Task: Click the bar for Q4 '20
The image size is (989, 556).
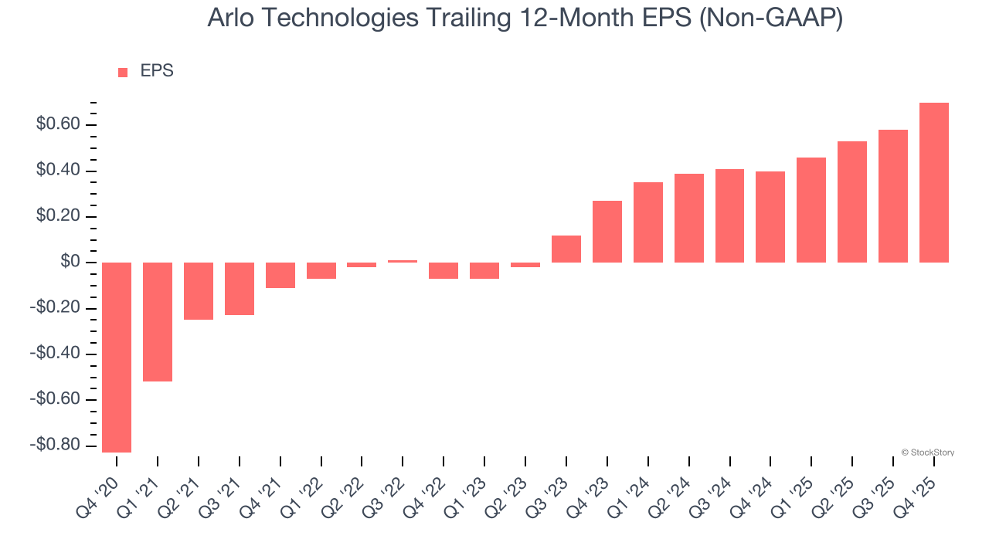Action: [x=117, y=357]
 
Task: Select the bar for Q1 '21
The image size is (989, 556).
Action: [x=158, y=321]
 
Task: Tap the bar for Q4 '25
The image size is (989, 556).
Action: [x=934, y=182]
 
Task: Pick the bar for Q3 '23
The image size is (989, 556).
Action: [x=566, y=249]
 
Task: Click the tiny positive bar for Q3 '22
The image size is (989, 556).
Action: [x=403, y=261]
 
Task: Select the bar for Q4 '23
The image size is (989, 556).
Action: [x=607, y=232]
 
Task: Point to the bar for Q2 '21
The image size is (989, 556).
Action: [x=199, y=291]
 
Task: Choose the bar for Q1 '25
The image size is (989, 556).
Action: [x=811, y=210]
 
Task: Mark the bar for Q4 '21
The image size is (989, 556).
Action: [x=280, y=275]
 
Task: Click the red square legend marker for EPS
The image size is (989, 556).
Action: [x=123, y=73]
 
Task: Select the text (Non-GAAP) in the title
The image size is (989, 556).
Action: [x=770, y=19]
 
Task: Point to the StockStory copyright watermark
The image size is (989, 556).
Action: [x=927, y=453]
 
